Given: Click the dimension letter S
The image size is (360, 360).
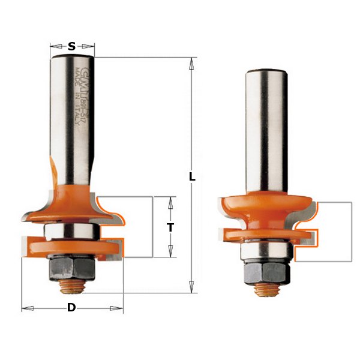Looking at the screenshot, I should pos(72,46).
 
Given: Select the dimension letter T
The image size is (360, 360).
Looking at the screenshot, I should pos(170,227).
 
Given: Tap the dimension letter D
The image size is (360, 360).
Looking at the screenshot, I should pos(71,308).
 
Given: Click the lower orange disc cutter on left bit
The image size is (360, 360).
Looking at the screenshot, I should pos(71,247).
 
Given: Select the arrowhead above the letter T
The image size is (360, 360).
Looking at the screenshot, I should pos(170,201).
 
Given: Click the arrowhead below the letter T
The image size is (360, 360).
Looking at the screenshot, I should pos(170,253).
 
